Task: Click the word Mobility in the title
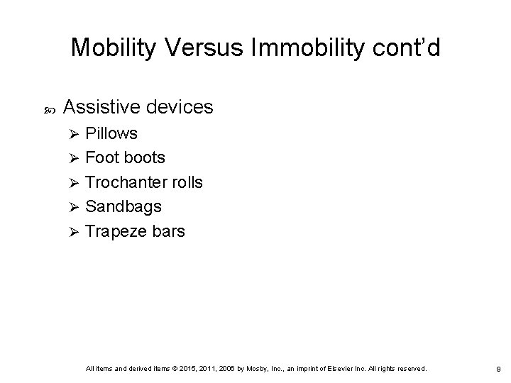[118, 48]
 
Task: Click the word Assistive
[103, 107]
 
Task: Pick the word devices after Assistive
[180, 107]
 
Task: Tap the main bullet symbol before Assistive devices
[48, 109]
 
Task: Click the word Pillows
[111, 133]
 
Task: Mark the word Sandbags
[123, 206]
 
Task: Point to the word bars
[168, 231]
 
